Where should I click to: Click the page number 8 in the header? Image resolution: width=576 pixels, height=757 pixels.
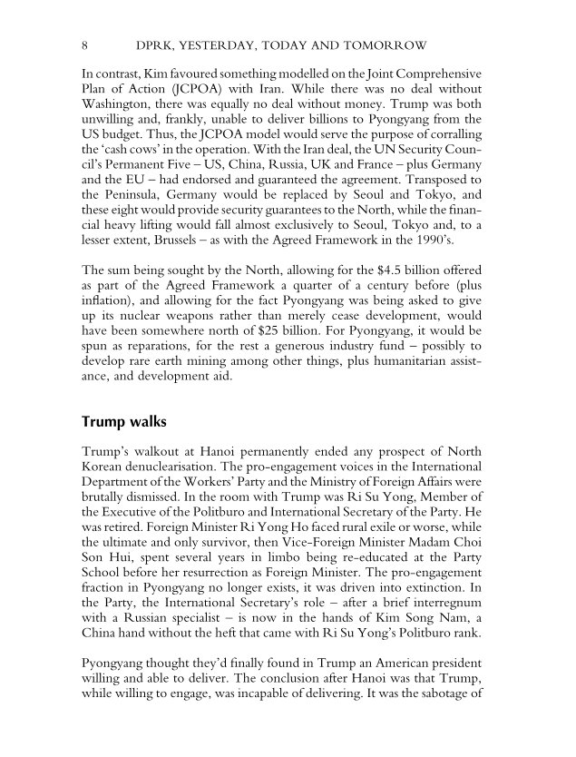(84, 44)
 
